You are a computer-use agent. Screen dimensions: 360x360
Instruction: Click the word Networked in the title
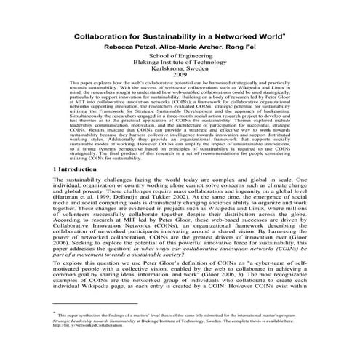point(229,34)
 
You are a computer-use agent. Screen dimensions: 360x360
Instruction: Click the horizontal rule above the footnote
point(87,323)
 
